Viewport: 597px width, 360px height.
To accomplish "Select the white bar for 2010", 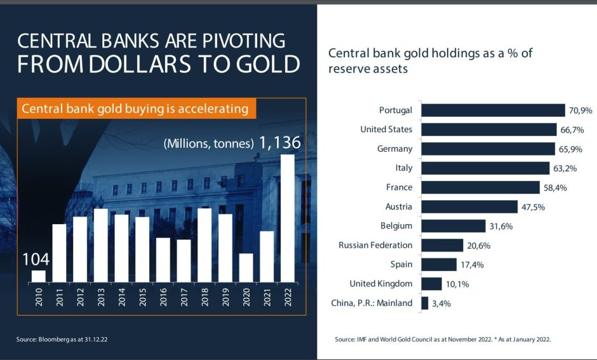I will click(39, 276).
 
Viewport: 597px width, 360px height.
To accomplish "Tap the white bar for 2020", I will click(246, 267).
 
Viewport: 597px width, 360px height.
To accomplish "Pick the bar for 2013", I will click(101, 245).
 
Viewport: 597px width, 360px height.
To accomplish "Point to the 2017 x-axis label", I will click(184, 297).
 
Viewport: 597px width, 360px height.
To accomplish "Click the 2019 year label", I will click(225, 297).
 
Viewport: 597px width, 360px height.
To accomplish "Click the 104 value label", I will click(36, 259).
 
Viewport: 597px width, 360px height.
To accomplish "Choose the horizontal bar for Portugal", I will click(493, 110).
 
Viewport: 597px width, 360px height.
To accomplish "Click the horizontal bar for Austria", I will click(469, 207).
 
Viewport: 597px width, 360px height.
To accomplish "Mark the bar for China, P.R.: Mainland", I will click(425, 303).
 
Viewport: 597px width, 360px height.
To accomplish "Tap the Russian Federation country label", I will click(375, 245).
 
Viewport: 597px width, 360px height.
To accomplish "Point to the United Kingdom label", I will click(380, 284).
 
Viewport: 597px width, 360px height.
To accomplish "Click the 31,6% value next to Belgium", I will click(499, 226).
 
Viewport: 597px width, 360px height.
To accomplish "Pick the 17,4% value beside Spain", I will click(471, 265).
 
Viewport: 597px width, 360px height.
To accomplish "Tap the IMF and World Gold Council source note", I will click(443, 340).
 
